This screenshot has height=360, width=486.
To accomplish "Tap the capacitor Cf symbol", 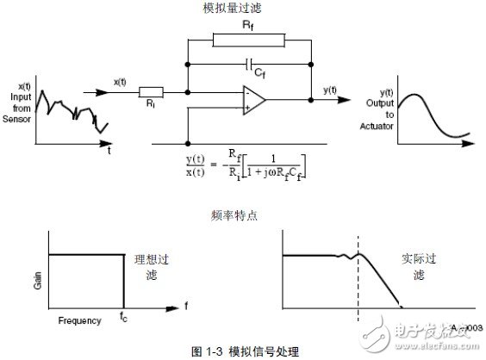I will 248,64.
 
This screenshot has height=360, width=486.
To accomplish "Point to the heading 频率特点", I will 229,212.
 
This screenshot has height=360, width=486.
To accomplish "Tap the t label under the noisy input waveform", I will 109,150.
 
